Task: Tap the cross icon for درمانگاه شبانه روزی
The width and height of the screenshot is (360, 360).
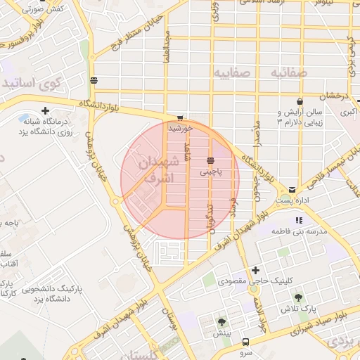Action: point(46,110)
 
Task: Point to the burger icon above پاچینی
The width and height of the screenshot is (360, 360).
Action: point(211,161)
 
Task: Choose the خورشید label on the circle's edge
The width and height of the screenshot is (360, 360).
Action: point(180,129)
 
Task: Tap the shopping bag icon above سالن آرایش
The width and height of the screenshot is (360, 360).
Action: point(300,101)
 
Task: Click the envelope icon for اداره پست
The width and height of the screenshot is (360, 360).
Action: point(291,189)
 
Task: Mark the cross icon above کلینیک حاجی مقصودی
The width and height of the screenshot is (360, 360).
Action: point(255,270)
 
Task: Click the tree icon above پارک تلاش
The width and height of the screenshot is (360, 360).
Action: point(300,297)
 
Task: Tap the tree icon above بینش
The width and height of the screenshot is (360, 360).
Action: point(222,323)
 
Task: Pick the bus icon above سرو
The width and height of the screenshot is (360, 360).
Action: point(245,341)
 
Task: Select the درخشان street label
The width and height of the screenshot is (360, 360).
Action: point(333,95)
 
